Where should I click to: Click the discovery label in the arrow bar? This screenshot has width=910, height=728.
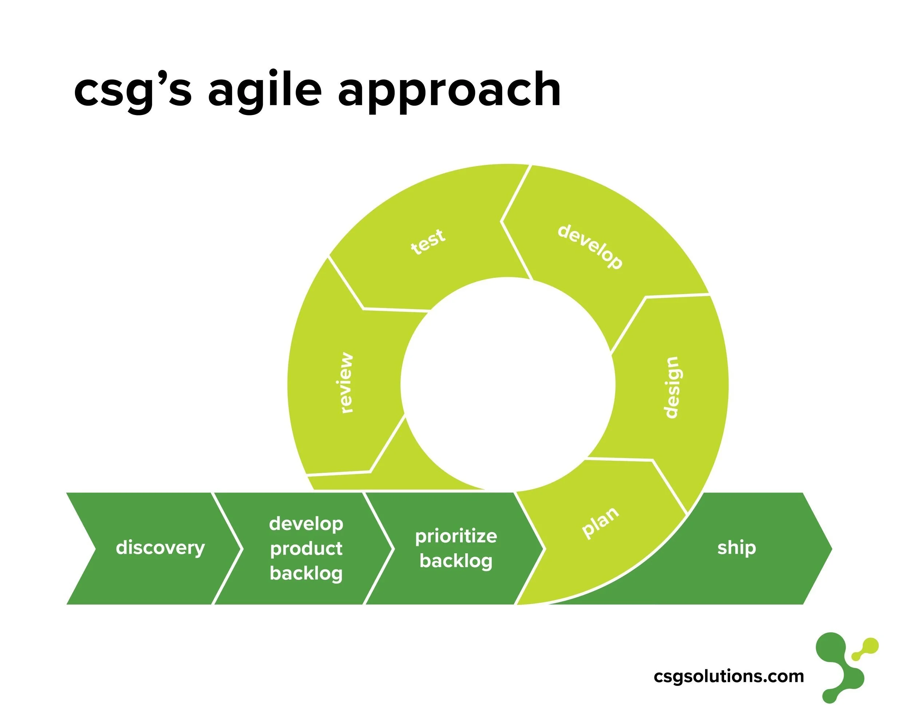161,548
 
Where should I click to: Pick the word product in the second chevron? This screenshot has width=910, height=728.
306,549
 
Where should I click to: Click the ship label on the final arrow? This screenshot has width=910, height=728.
736,548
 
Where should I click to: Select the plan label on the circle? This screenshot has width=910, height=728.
600,522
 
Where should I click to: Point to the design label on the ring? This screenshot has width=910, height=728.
671,387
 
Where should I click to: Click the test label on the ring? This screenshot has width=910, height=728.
428,241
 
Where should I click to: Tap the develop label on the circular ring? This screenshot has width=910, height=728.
590,247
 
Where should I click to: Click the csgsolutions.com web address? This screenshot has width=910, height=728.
728,676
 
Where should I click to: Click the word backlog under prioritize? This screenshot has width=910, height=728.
456,561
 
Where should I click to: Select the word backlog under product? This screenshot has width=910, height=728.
306,573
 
